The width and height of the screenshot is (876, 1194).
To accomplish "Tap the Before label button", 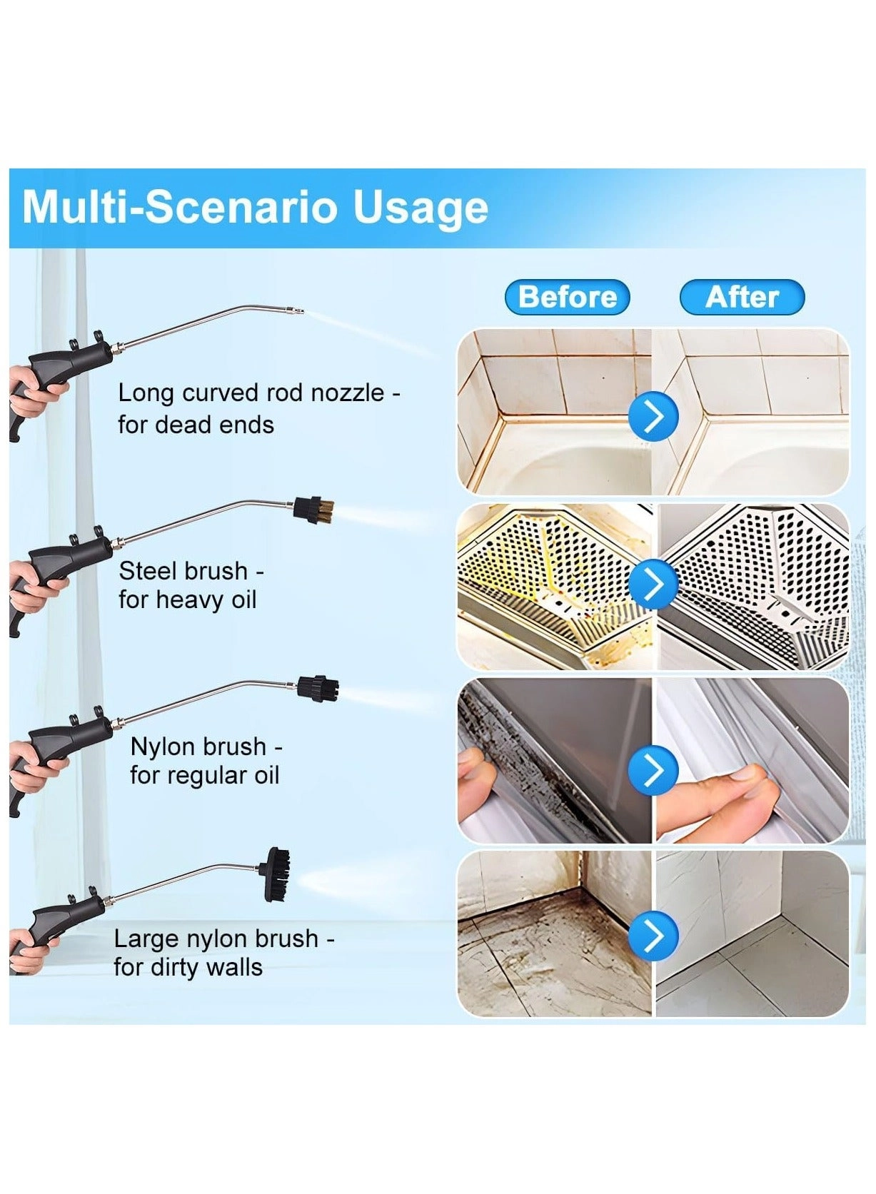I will [567, 297].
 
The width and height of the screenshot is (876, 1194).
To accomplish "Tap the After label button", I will [742, 297].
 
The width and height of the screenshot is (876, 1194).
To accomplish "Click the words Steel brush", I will [183, 572].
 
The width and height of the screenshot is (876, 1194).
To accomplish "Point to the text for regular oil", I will [204, 776].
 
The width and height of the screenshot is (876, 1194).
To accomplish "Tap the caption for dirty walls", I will [188, 968].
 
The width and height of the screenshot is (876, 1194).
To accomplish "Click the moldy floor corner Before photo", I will [553, 935].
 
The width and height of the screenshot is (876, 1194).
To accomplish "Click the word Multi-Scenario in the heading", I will [179, 208].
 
